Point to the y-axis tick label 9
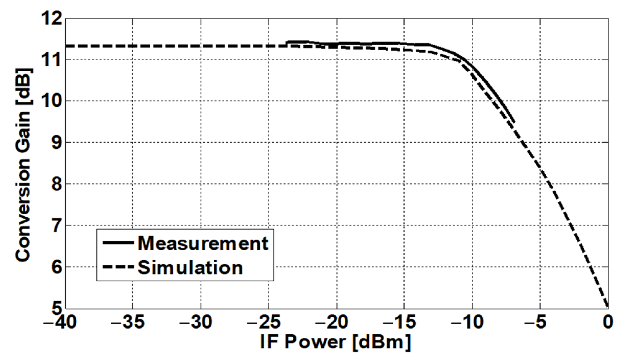point(56,143)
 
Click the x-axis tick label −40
point(60,322)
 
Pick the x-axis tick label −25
point(264,322)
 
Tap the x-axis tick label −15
point(400,322)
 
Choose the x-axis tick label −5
point(536,322)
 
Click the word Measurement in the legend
point(203,243)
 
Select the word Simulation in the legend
point(190,268)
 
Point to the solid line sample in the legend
point(118,243)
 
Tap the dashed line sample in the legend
point(118,267)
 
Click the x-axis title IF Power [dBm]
point(335,342)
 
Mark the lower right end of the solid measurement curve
point(514,122)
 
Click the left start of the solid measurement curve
point(287,43)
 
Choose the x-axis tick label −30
point(196,322)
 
